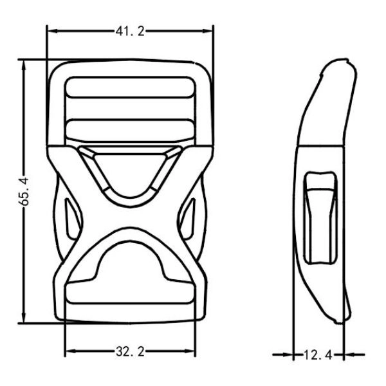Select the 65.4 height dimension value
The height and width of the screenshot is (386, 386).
24,191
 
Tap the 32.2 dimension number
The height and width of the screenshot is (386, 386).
130,351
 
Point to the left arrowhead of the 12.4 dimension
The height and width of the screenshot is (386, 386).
291,354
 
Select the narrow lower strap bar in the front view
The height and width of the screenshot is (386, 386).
131,129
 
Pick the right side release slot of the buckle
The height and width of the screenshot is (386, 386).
189,219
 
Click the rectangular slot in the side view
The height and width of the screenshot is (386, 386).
320,219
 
